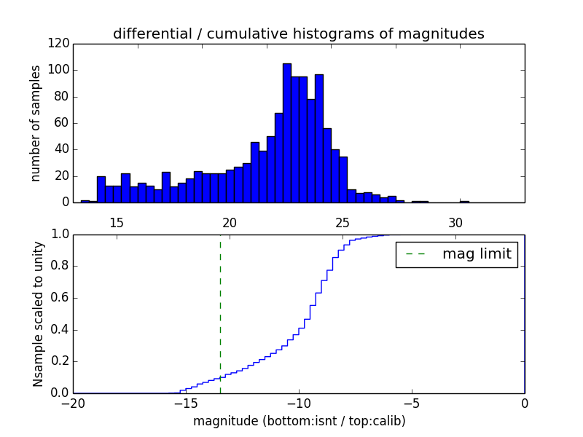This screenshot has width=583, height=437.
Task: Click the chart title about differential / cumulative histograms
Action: click(298, 34)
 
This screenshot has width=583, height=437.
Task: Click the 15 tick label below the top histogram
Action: click(117, 222)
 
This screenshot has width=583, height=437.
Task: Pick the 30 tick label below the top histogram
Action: click(455, 222)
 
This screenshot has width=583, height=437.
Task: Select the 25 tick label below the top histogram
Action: click(343, 222)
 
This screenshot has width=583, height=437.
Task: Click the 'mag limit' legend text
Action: click(477, 254)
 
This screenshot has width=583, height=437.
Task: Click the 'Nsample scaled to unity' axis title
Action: click(38, 314)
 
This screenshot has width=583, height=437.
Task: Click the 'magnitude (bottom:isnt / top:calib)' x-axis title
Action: click(299, 421)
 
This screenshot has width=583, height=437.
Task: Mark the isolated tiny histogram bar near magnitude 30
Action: click(464, 201)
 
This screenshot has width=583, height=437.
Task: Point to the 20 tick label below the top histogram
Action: click(230, 222)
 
